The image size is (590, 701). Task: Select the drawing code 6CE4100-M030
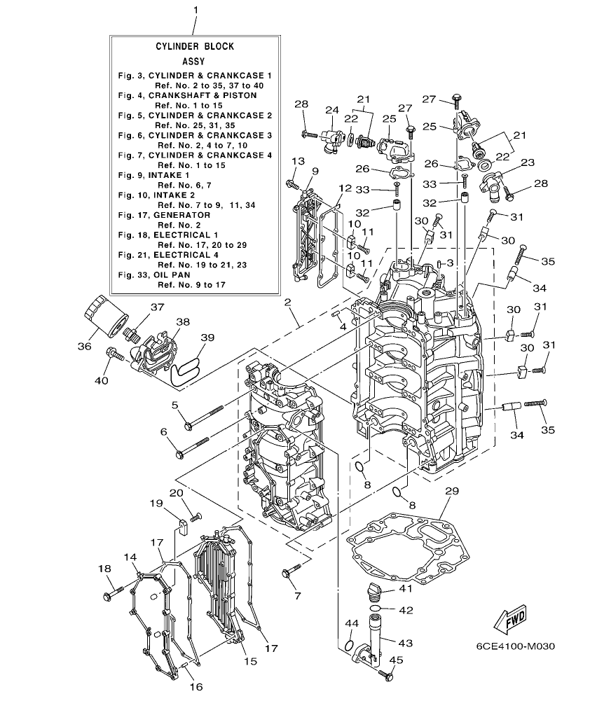point(509,646)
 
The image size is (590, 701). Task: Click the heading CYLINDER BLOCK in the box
point(195,46)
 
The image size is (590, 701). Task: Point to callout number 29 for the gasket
point(452,492)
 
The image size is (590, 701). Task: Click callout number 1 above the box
point(195,10)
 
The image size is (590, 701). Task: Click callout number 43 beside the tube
point(406,642)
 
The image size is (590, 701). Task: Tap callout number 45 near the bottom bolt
point(395,659)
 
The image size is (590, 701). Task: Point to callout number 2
point(287,303)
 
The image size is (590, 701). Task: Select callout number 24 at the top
point(331,110)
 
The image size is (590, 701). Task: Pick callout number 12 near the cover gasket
point(344,188)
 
